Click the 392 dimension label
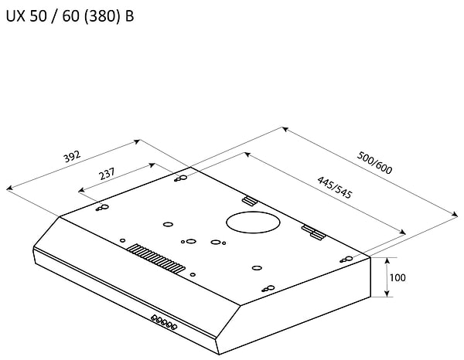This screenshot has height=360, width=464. pos(71,158)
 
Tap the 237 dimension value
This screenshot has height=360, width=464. pos(108,175)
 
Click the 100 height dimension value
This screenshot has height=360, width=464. pos(397,277)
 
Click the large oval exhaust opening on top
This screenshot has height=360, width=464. pos(252,223)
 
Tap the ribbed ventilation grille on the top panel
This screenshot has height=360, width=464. pos(157,259)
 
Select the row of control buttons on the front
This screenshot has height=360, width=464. pos(164,322)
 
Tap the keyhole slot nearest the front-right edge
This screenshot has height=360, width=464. pos(268,289)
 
